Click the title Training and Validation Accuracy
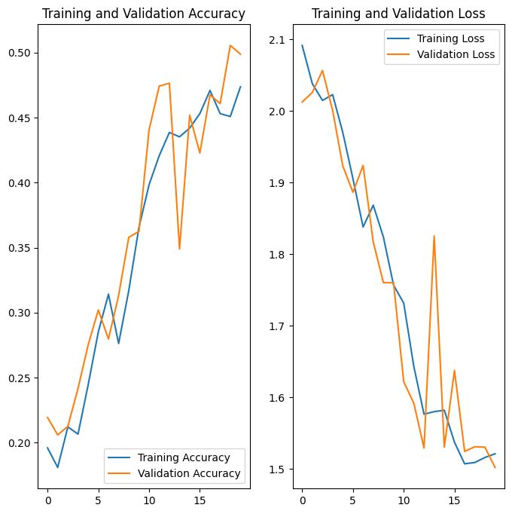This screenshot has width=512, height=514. (142, 14)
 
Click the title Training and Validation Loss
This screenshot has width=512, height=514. (398, 14)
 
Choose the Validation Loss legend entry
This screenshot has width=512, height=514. (450, 54)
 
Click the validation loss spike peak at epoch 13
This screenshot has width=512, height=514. (434, 236)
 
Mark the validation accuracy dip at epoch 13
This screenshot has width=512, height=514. (179, 249)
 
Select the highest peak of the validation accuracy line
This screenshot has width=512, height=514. (230, 45)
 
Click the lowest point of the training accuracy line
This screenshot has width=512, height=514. (58, 467)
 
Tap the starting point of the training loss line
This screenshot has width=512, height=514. (302, 45)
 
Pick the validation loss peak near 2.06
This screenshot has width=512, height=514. (322, 71)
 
